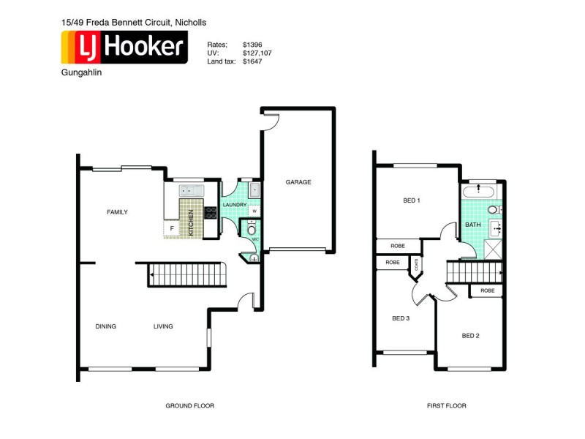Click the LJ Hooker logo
[124, 48]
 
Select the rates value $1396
[253, 44]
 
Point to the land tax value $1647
[253, 61]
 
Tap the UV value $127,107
[257, 53]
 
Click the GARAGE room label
[298, 182]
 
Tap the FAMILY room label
[117, 212]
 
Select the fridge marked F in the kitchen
[172, 228]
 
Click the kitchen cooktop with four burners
[211, 214]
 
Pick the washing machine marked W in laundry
[254, 211]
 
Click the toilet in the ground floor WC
[252, 230]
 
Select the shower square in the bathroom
[495, 249]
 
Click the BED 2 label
[470, 336]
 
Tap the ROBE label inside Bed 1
[398, 246]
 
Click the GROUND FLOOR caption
[189, 405]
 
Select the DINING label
[105, 326]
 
